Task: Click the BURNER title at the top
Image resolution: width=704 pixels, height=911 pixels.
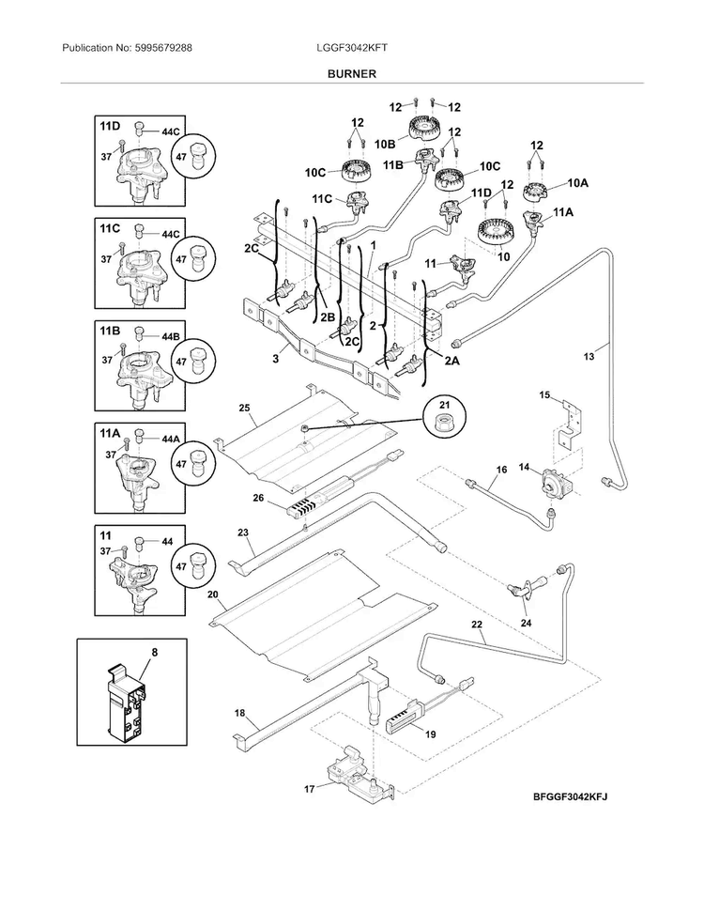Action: pyautogui.click(x=352, y=72)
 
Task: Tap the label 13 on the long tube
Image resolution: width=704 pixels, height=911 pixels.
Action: pyautogui.click(x=589, y=356)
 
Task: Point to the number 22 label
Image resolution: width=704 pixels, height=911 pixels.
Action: pyautogui.click(x=477, y=625)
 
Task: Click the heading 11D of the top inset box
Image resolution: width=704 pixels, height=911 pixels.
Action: pyautogui.click(x=110, y=126)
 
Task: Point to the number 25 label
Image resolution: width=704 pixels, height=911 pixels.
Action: pyautogui.click(x=243, y=409)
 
